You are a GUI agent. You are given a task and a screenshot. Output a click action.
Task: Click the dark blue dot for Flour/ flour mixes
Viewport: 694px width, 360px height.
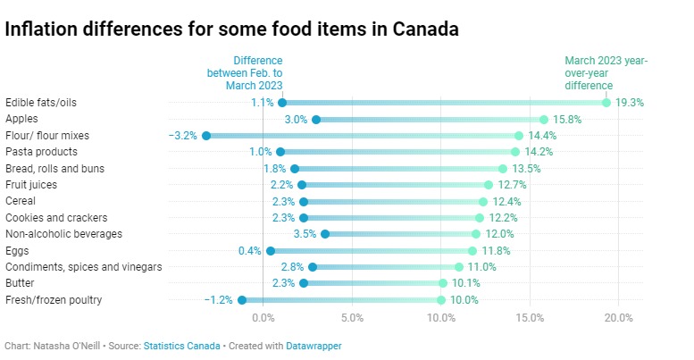[206, 136]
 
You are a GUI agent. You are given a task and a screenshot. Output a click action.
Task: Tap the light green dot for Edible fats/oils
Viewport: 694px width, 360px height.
[606, 103]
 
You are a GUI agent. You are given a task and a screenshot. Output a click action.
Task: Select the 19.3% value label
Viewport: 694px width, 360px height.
[630, 103]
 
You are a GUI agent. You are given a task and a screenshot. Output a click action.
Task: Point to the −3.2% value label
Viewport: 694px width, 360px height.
[183, 136]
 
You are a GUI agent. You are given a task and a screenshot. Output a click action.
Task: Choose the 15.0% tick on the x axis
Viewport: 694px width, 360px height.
[530, 317]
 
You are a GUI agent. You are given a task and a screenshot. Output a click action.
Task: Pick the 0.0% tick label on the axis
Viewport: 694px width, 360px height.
[263, 317]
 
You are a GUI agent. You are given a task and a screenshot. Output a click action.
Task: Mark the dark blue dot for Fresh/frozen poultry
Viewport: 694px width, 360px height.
[242, 300]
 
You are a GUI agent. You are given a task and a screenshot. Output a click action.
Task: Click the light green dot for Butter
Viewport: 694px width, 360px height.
[443, 283]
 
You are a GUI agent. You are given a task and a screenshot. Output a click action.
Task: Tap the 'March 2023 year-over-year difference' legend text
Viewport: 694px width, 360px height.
[606, 73]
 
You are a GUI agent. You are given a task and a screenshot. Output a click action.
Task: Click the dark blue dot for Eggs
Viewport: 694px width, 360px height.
[271, 251]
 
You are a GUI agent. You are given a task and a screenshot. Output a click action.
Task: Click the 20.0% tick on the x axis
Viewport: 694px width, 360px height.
[619, 317]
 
